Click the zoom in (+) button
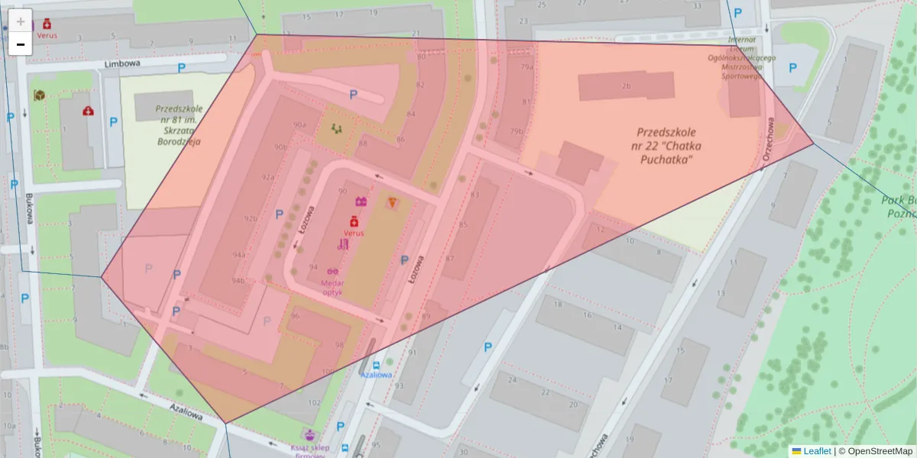click(21, 21)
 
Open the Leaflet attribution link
click(816, 451)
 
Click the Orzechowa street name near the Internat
click(772, 134)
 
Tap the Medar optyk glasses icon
click(332, 271)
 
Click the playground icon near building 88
click(336, 128)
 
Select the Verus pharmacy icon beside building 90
click(354, 221)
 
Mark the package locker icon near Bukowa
click(39, 95)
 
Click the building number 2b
click(626, 86)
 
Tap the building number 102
click(314, 402)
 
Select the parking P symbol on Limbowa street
click(181, 69)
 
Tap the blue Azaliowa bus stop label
click(377, 375)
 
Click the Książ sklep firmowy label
click(309, 450)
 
